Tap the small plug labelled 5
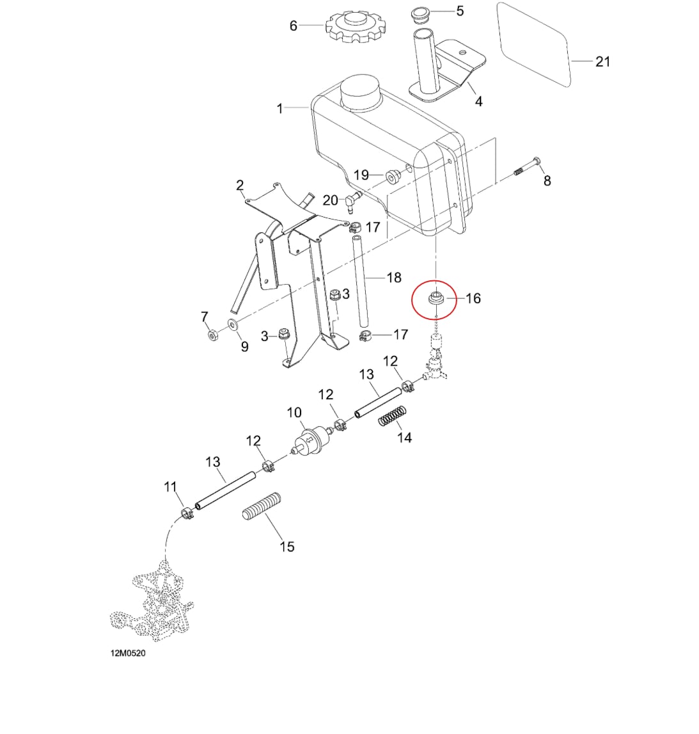pyautogui.click(x=421, y=14)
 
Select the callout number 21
pyautogui.click(x=602, y=61)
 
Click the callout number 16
pyautogui.click(x=473, y=298)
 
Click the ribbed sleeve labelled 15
pyautogui.click(x=262, y=507)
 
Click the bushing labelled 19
pyautogui.click(x=392, y=177)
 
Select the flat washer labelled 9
pyautogui.click(x=232, y=324)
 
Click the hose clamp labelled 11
pyautogui.click(x=187, y=513)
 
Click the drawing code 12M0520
pyautogui.click(x=128, y=653)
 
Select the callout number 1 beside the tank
pyautogui.click(x=279, y=109)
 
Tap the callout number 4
pyautogui.click(x=478, y=101)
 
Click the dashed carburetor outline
pyautogui.click(x=152, y=602)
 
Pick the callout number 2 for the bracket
pyautogui.click(x=240, y=186)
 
